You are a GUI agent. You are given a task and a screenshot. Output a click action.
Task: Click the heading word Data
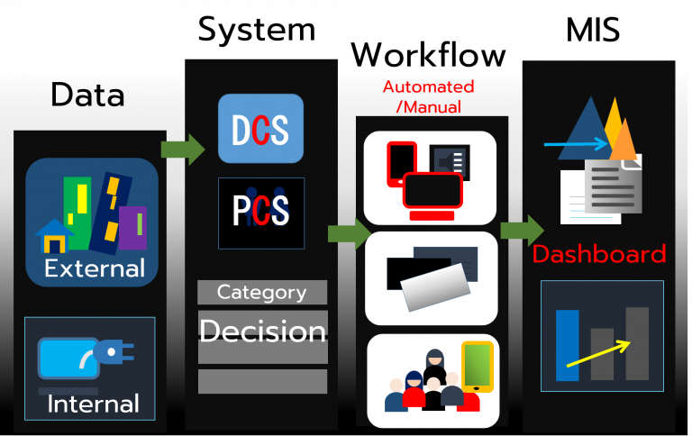point(87,95)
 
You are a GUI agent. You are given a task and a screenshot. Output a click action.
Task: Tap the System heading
point(257,30)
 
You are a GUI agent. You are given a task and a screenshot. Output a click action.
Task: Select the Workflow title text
point(428,55)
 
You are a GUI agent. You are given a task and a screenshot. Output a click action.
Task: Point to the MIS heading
point(593,30)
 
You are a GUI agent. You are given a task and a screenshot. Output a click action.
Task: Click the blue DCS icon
point(260,129)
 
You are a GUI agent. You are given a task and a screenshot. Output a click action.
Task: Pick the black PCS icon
point(261,213)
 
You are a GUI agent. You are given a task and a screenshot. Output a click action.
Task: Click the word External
point(95,268)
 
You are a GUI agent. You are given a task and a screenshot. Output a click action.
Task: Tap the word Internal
point(93,404)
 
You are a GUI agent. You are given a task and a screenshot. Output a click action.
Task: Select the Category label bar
point(262,292)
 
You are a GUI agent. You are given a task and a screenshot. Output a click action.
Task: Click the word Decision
point(262,331)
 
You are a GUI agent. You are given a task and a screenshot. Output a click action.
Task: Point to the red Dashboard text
point(599,254)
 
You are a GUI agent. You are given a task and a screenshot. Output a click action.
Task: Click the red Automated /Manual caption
point(429,96)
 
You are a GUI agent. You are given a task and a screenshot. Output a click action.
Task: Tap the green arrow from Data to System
point(183,150)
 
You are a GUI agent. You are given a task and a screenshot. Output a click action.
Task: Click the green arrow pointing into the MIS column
point(522,231)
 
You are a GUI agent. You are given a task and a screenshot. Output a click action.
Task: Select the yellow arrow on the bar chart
point(598,353)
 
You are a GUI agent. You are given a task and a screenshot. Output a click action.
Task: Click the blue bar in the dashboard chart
point(567,345)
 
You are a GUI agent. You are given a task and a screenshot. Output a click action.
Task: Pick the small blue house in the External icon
point(54,236)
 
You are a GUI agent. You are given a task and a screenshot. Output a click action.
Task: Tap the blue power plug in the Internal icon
point(113,351)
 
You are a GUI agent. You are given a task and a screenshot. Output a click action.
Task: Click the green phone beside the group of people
point(478,367)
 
